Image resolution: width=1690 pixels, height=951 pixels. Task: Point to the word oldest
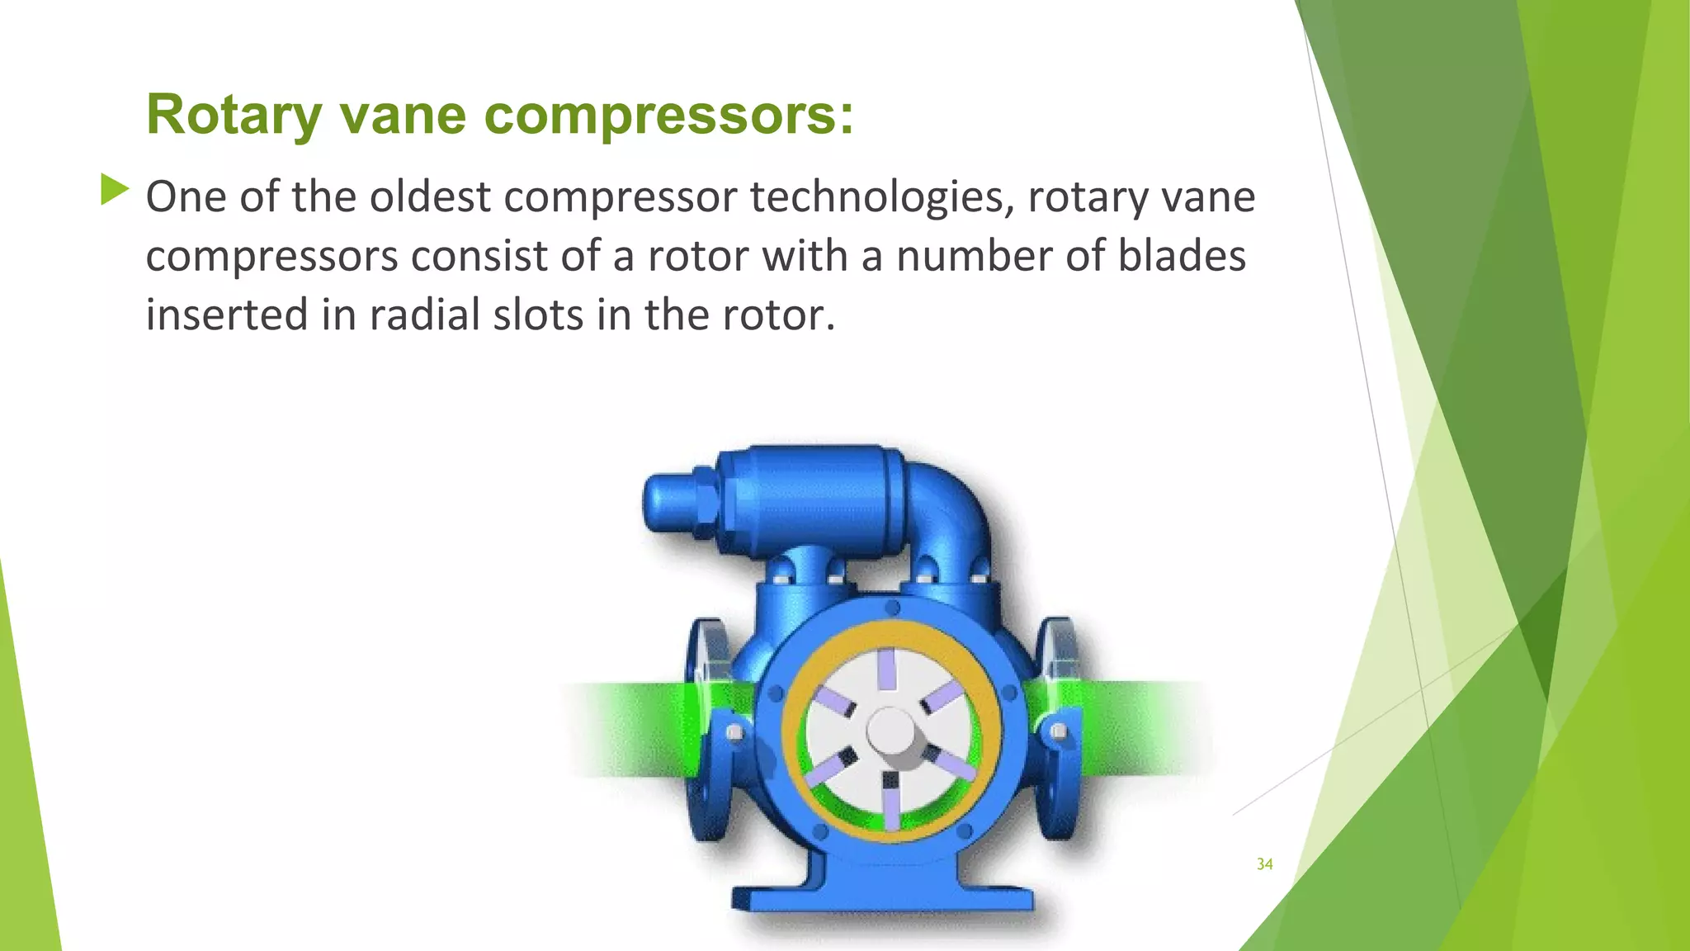coord(430,197)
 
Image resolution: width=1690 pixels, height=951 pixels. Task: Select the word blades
coord(1181,256)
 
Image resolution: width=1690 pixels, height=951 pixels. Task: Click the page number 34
coord(1264,864)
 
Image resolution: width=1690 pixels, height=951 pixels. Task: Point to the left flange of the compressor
coord(706,726)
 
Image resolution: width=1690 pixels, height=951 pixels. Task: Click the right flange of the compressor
coord(1060,726)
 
